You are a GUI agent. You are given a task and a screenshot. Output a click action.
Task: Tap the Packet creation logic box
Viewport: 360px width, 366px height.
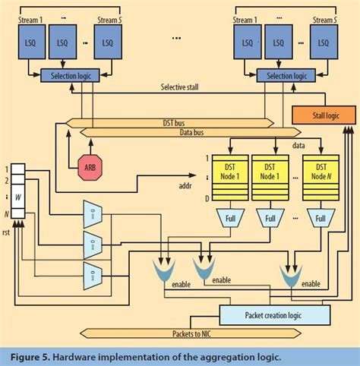tap(275, 314)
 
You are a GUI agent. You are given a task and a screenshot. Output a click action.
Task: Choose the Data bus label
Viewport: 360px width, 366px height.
tap(174, 133)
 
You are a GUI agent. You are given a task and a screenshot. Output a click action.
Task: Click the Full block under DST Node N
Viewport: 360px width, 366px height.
tap(321, 219)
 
